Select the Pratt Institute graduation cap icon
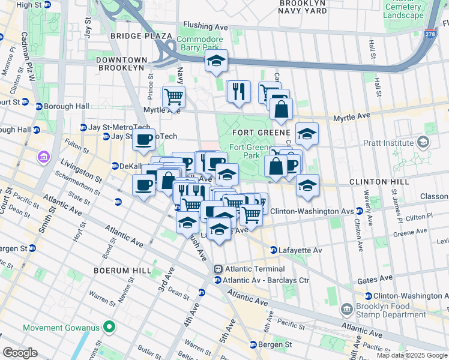pyautogui.click(x=424, y=142)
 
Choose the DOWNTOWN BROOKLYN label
pyautogui.click(x=121, y=64)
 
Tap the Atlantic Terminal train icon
pyautogui.click(x=218, y=269)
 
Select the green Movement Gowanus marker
pyautogui.click(x=109, y=328)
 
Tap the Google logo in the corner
pyautogui.click(x=20, y=352)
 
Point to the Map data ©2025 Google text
pyautogui.click(x=412, y=355)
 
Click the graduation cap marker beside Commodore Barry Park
pyautogui.click(x=216, y=61)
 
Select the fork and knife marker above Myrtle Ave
pyautogui.click(x=238, y=91)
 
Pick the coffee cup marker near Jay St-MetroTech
pyautogui.click(x=143, y=140)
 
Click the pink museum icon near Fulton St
pyautogui.click(x=43, y=158)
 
